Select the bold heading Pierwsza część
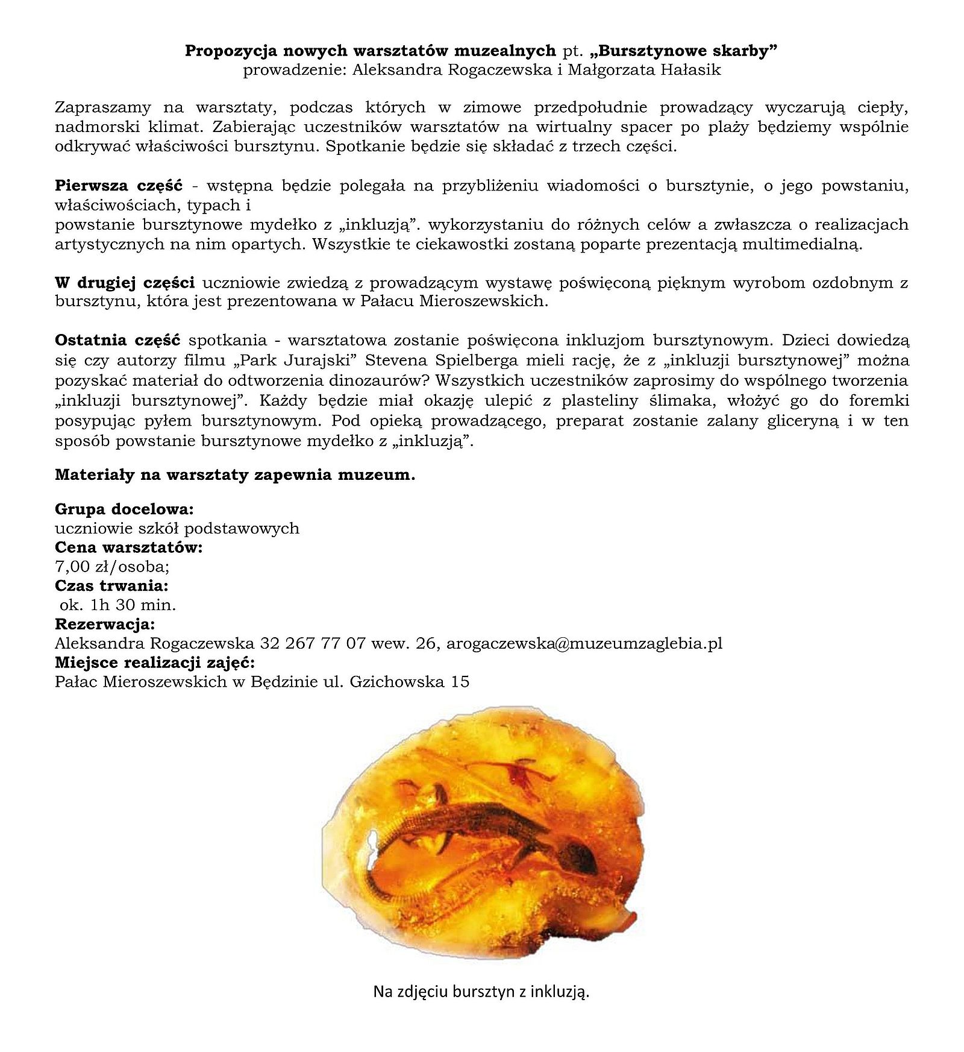[x=118, y=185]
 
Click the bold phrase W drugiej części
[x=124, y=282]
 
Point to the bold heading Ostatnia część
[x=117, y=341]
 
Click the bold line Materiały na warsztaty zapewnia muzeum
[x=235, y=474]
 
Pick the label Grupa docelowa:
[x=124, y=509]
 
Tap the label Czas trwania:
[x=111, y=585]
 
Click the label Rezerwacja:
[x=105, y=624]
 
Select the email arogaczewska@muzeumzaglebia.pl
[x=584, y=643]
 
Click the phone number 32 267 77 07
[x=313, y=643]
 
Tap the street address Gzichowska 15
[x=409, y=682]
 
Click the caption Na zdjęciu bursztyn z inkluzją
[x=481, y=992]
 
